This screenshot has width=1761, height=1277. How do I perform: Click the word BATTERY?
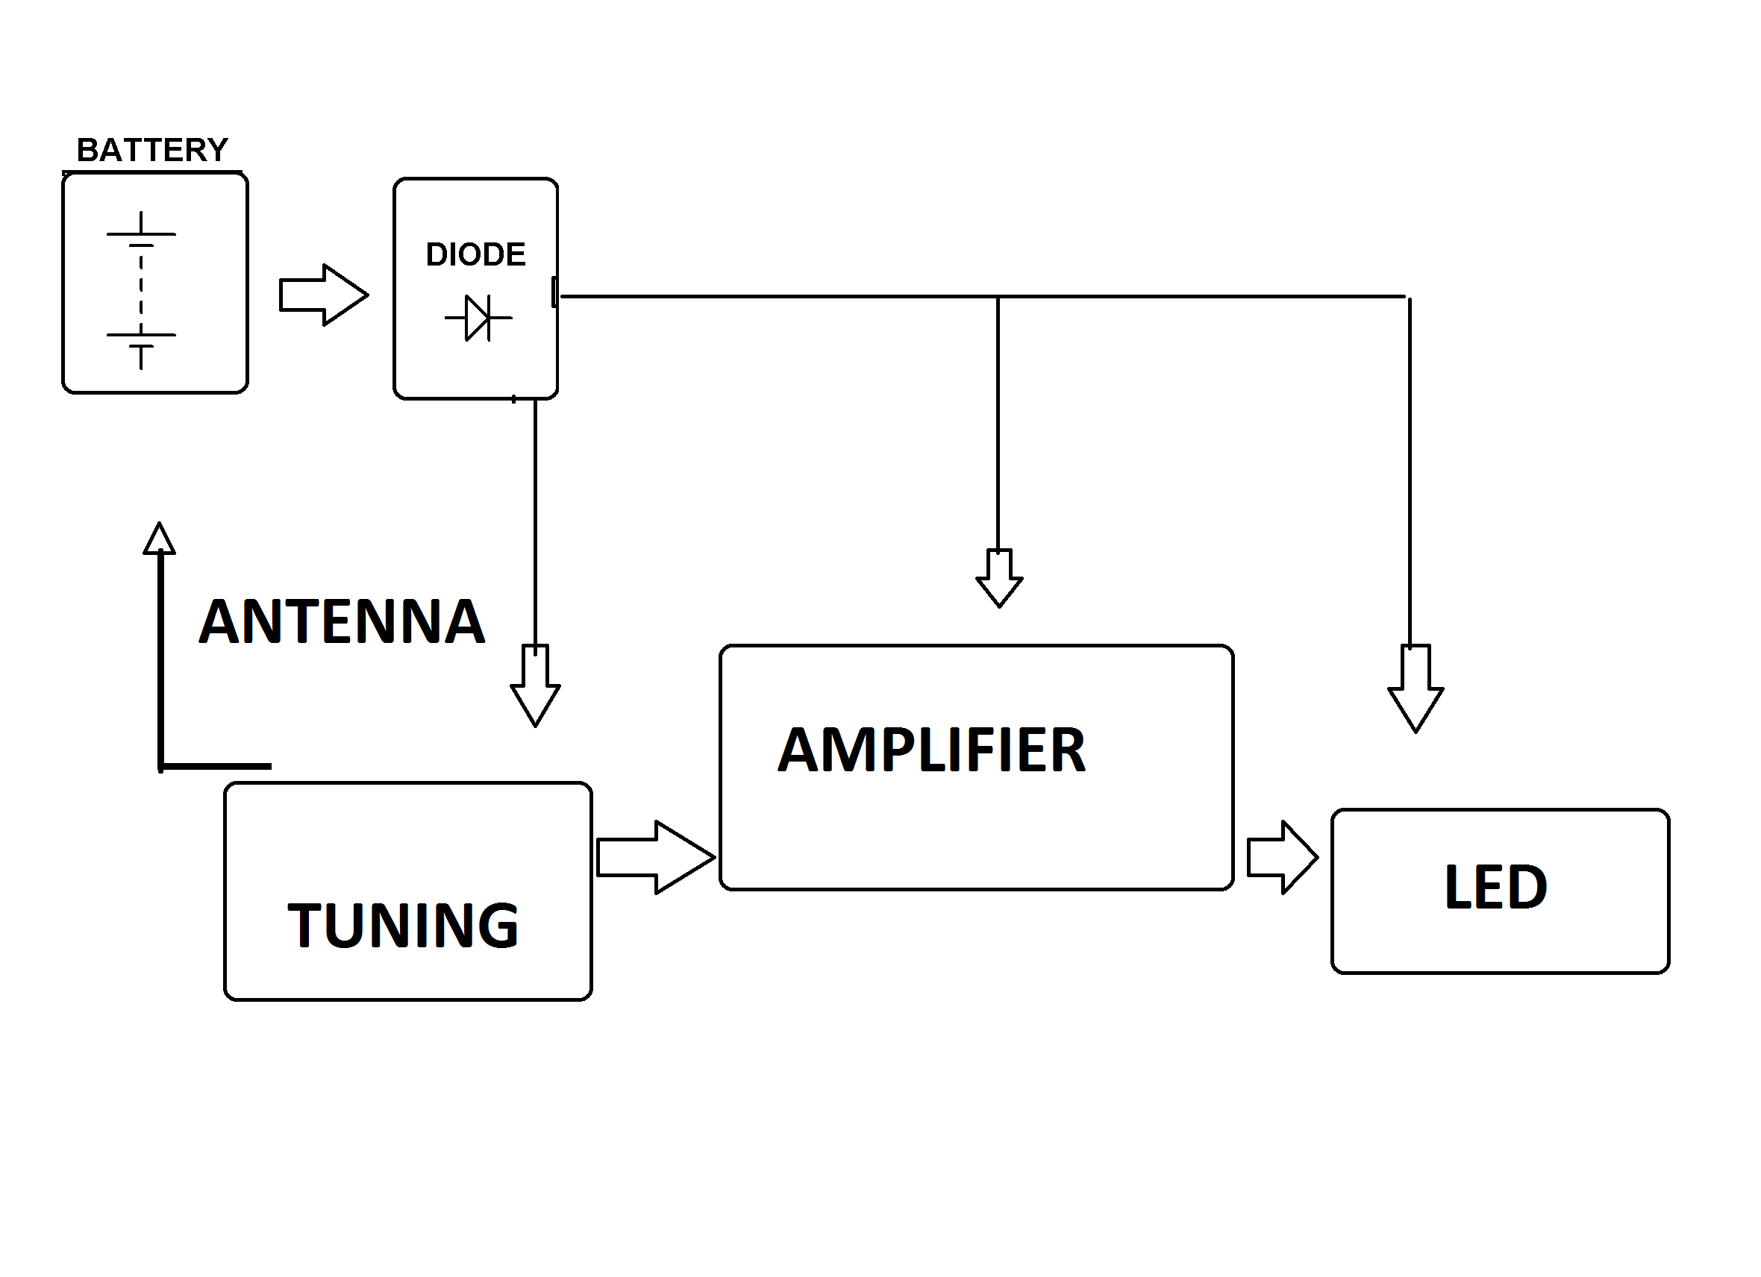pos(152,151)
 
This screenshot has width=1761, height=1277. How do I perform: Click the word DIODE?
pos(475,254)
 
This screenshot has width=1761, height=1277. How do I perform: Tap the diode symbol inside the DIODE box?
pos(478,318)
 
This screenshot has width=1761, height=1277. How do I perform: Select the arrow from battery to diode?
pos(323,295)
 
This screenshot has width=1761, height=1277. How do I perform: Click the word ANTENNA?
pos(342,622)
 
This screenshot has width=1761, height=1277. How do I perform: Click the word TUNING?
pos(403,926)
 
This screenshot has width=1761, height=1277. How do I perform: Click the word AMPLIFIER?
pos(931,750)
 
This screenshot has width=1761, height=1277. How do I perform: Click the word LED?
pos(1495,888)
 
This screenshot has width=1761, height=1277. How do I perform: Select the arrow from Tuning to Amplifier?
pos(655,857)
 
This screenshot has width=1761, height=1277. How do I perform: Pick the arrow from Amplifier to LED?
pos(1282,857)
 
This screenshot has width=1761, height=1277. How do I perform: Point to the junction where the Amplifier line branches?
pos(998,297)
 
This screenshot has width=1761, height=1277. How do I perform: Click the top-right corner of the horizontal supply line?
pos(1407,298)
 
